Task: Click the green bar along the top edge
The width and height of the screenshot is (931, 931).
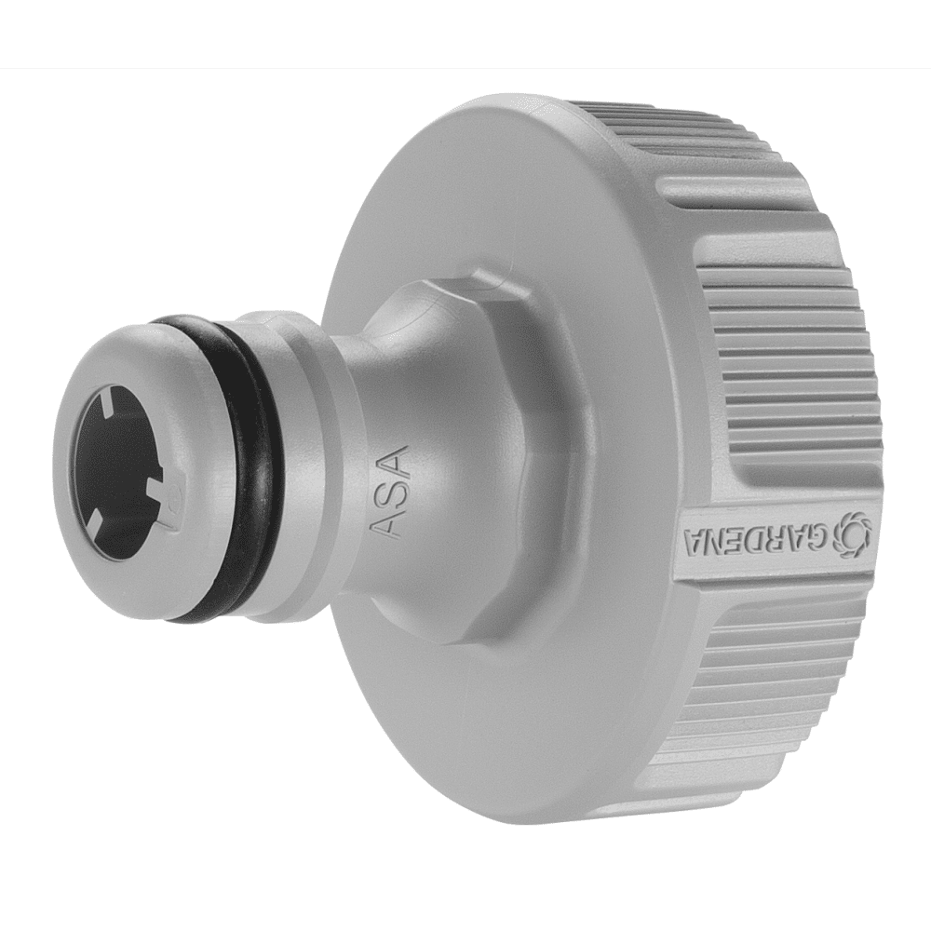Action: click(465, 34)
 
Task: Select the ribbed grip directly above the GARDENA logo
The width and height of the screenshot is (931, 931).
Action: click(791, 372)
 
